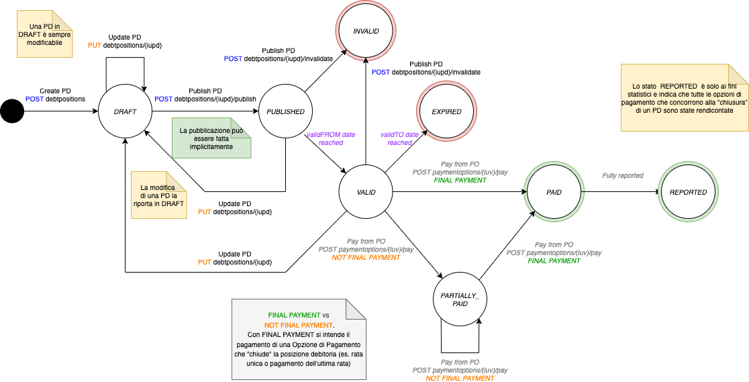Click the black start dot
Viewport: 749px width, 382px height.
coord(11,111)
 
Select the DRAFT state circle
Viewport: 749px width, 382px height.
coord(126,111)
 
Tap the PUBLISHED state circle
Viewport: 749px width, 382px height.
coord(285,111)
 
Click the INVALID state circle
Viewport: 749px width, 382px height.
coord(366,31)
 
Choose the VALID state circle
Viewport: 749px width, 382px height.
coord(366,193)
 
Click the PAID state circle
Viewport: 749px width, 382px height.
coord(554,192)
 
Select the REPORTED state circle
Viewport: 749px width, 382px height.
coord(688,192)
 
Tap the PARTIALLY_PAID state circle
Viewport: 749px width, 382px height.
coord(460,299)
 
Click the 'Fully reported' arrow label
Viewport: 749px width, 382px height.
coord(622,175)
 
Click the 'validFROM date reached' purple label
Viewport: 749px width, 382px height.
coord(331,138)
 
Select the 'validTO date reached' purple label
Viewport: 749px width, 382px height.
coord(400,138)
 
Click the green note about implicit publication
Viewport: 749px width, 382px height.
coord(211,138)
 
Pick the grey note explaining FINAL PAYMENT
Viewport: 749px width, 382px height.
coord(298,339)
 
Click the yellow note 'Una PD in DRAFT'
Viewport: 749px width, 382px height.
coord(44,34)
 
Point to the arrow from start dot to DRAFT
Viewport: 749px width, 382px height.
coord(60,111)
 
